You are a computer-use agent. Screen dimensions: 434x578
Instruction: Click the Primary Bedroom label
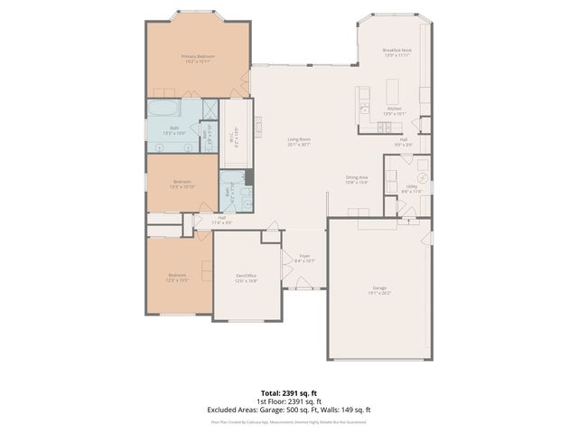(x=198, y=57)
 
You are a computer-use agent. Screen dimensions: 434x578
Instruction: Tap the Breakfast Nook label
(x=396, y=52)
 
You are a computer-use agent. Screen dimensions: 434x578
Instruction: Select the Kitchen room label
(x=394, y=110)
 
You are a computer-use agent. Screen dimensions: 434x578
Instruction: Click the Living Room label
(x=299, y=141)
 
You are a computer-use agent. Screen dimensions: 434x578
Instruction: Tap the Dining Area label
(x=357, y=179)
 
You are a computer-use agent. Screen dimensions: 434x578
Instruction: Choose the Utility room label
(x=411, y=188)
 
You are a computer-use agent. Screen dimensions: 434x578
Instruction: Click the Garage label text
(x=379, y=290)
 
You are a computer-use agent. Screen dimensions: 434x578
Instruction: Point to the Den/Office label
(x=247, y=278)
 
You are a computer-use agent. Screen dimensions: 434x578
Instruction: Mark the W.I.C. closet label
(x=233, y=141)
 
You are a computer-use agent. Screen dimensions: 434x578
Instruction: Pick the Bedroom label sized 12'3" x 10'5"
(x=176, y=277)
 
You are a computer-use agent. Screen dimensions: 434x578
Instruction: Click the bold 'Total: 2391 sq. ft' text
(x=289, y=392)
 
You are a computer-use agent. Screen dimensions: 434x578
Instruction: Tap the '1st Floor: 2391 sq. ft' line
(x=289, y=401)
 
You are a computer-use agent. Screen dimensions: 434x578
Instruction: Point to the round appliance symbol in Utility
(x=419, y=176)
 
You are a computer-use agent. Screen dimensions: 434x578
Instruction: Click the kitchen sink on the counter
(x=364, y=107)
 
